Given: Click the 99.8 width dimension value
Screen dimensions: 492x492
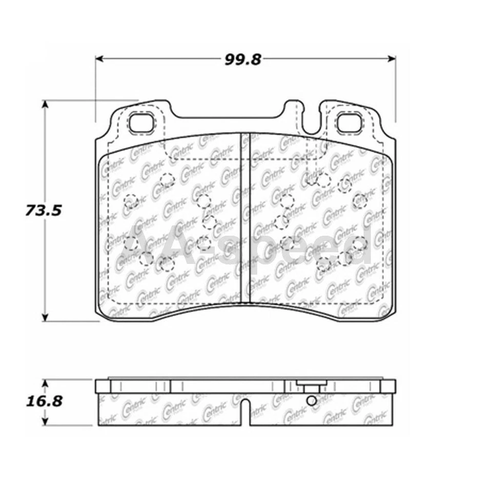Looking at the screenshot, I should (x=243, y=59).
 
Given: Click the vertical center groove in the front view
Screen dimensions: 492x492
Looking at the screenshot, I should (x=245, y=215).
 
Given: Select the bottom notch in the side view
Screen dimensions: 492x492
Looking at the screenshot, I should (x=245, y=412).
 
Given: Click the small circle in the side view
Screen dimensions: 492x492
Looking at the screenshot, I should (x=311, y=401).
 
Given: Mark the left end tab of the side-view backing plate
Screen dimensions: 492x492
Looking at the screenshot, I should (x=102, y=385).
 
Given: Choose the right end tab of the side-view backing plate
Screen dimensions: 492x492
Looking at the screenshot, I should (x=389, y=385).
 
